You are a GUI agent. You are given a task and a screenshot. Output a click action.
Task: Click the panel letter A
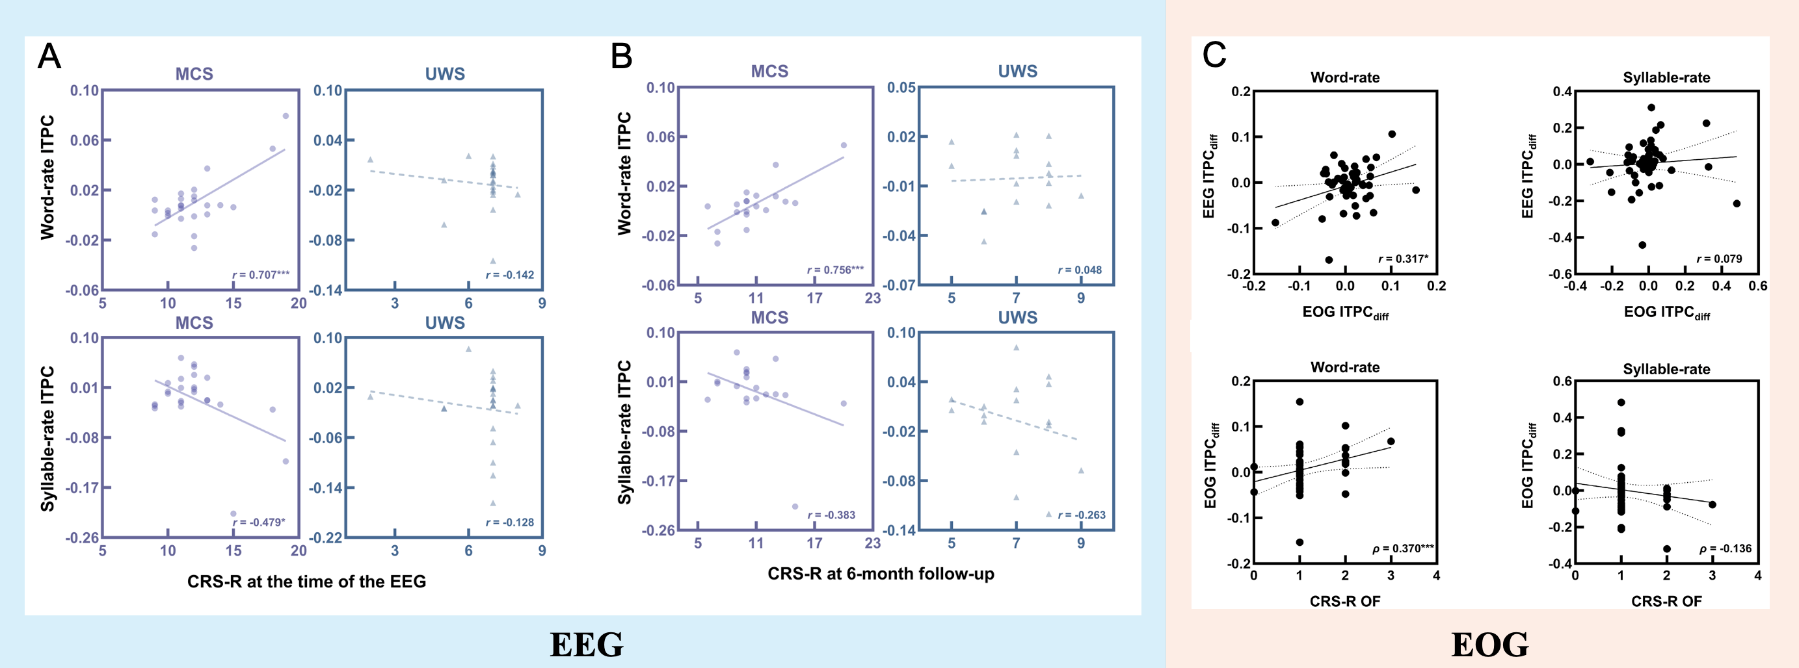(x=49, y=57)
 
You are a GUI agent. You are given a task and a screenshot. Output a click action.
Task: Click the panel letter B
(x=621, y=57)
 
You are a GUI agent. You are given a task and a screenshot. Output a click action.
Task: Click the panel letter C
(x=1214, y=55)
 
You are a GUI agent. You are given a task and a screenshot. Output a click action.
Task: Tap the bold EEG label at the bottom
(x=586, y=644)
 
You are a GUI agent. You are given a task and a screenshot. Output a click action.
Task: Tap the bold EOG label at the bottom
(x=1489, y=644)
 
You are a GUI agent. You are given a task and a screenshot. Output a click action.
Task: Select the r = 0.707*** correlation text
(x=261, y=275)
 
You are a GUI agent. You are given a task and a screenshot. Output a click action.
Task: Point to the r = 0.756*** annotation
(x=835, y=270)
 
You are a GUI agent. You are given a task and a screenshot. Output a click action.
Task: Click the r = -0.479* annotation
(x=259, y=522)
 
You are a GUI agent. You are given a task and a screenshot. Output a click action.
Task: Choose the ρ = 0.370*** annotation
(x=1403, y=548)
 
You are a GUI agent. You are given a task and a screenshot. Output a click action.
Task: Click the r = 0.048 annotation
(x=1080, y=270)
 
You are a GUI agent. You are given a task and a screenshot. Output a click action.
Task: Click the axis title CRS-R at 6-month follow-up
(x=881, y=574)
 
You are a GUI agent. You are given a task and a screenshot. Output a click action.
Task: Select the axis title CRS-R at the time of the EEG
(x=306, y=582)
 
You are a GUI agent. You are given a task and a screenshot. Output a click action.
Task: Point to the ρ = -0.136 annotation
(x=1726, y=548)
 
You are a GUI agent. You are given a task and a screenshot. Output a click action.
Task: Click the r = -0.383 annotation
(x=831, y=515)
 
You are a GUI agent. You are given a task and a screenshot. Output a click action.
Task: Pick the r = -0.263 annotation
(x=1082, y=515)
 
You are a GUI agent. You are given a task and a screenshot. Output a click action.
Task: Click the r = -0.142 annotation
(x=510, y=275)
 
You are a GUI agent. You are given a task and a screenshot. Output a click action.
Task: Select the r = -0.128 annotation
(x=510, y=522)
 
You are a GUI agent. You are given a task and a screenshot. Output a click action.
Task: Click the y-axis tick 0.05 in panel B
(x=901, y=88)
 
